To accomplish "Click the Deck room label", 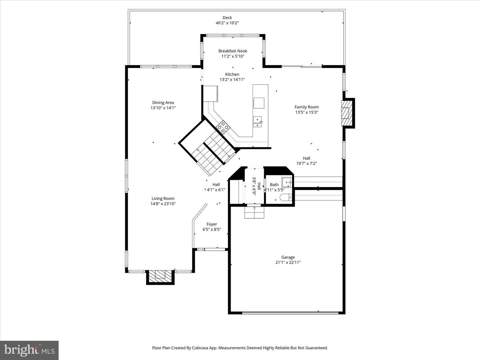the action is click(227, 17).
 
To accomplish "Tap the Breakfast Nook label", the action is click(233, 51).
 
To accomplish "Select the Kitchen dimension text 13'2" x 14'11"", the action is click(232, 80).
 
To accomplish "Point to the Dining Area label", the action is click(163, 103).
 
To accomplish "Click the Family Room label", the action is click(307, 107).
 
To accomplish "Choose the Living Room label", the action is click(163, 198).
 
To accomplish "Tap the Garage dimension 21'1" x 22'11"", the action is click(288, 263).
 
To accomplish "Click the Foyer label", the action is click(212, 224).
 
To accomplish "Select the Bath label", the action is click(274, 185).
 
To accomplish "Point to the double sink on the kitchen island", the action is click(258, 122).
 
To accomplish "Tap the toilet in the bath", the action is click(286, 197).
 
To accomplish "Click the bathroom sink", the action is click(286, 182).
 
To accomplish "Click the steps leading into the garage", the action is click(254, 212).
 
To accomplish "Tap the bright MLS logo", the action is click(29, 350).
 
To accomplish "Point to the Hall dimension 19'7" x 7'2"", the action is click(307, 163).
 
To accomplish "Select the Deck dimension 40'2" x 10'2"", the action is click(227, 23).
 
